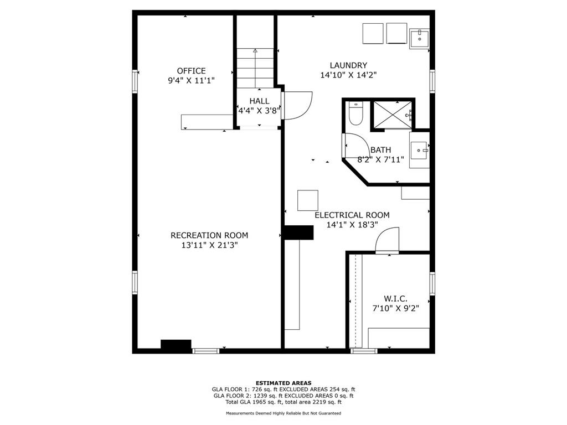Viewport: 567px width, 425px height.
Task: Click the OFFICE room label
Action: pyautogui.click(x=191, y=71)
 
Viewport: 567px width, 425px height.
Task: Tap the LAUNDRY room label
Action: pyautogui.click(x=348, y=65)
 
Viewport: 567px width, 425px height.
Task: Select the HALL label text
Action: pyautogui.click(x=259, y=101)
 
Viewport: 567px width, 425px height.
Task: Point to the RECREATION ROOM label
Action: pyautogui.click(x=209, y=235)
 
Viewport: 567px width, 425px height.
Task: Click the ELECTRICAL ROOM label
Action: pyautogui.click(x=352, y=215)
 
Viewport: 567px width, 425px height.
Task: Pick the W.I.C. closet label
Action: pyautogui.click(x=395, y=299)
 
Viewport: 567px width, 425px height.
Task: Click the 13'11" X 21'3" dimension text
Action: pyautogui.click(x=209, y=245)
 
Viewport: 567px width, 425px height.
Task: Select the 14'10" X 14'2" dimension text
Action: pyautogui.click(x=349, y=75)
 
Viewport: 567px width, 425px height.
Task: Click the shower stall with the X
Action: pyautogui.click(x=393, y=115)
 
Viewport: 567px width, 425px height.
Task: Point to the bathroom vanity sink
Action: pyautogui.click(x=420, y=150)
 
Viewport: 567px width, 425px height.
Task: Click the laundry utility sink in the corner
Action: pyautogui.click(x=420, y=39)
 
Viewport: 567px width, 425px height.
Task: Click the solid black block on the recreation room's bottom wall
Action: pyautogui.click(x=176, y=344)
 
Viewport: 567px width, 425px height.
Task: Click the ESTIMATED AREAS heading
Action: pyautogui.click(x=283, y=383)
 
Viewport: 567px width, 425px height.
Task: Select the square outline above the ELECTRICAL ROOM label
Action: pyautogui.click(x=308, y=200)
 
